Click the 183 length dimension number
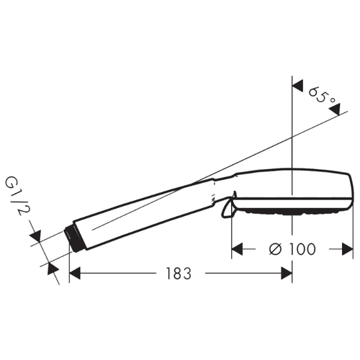[179, 274]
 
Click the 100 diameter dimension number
[302, 249]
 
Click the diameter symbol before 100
[275, 249]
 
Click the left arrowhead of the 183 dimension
[75, 274]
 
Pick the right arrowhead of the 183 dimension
[287, 274]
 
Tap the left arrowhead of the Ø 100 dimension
[237, 249]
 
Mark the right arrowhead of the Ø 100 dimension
[348, 249]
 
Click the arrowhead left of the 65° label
[297, 86]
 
